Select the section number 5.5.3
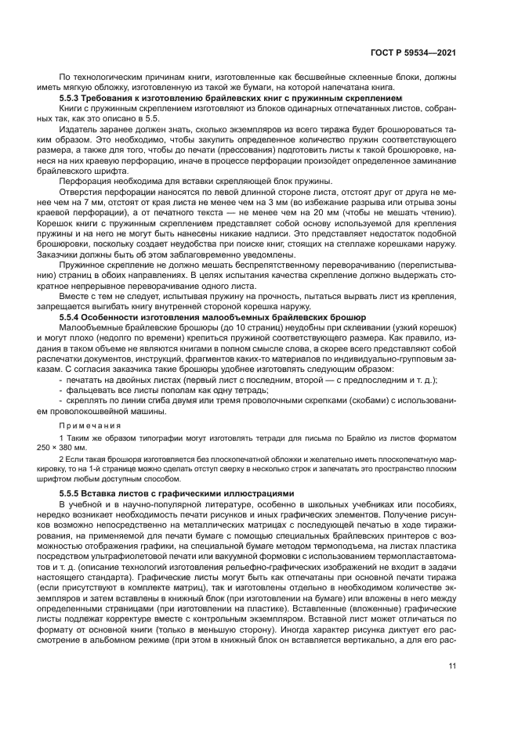(x=71, y=99)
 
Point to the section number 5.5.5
(x=71, y=493)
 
